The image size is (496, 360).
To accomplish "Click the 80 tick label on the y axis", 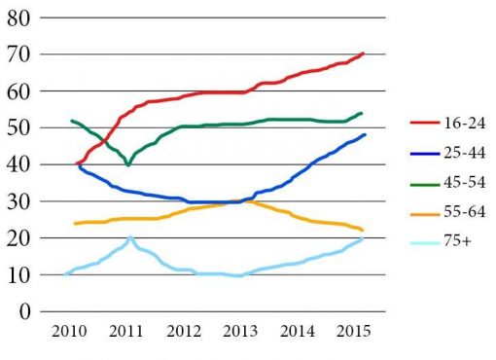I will click(x=19, y=18).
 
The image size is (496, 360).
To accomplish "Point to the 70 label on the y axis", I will click(x=19, y=55).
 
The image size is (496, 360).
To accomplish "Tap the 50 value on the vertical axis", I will click(x=19, y=128).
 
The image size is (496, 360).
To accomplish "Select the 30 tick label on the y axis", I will click(x=19, y=202).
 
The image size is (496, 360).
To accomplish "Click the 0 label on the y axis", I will click(x=25, y=313).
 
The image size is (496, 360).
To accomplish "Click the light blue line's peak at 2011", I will click(x=130, y=237).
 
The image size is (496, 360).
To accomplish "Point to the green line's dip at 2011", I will click(x=127, y=165).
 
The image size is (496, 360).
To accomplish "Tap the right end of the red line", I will click(x=363, y=54).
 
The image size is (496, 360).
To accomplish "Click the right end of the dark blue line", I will click(x=365, y=135).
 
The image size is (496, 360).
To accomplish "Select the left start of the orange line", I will click(x=75, y=224).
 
